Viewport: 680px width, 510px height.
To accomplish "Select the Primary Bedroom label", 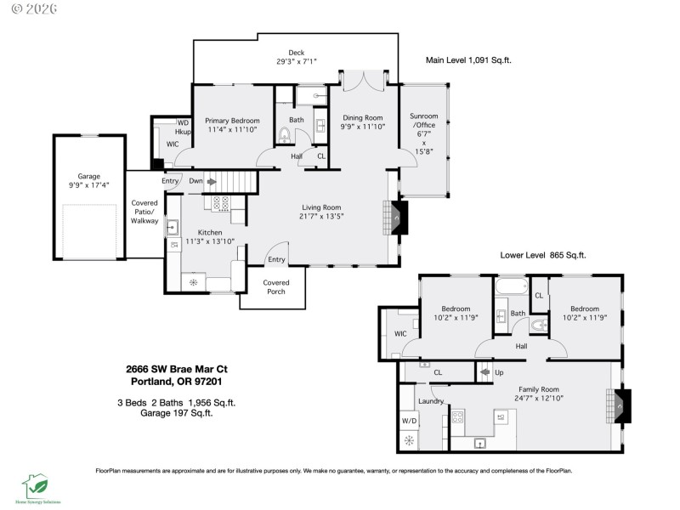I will coord(232,122).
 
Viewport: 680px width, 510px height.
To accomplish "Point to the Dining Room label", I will coord(363,118).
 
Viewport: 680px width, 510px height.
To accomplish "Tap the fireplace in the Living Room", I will coord(398,218).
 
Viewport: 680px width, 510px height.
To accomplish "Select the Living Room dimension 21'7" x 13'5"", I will coord(321,216).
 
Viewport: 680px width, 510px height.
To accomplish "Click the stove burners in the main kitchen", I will coord(220,203).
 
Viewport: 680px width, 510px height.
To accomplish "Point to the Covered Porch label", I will coord(275,287).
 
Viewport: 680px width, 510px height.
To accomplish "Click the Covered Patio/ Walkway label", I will coord(144,212).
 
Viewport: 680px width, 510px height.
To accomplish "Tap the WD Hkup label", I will coord(183,127).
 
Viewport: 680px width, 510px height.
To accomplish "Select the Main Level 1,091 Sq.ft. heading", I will coord(468,60).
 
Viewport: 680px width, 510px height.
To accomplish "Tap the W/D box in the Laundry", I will coord(409,420).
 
